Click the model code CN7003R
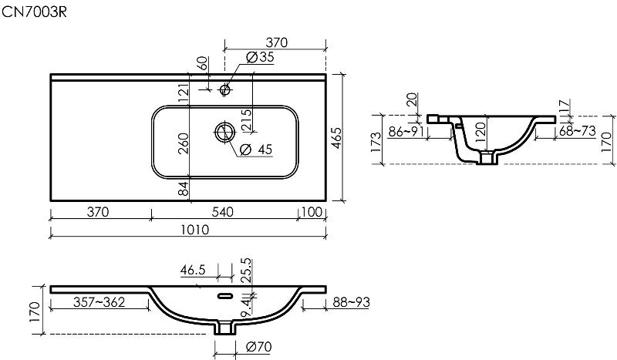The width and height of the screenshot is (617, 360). (34, 12)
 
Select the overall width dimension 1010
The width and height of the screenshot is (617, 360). (195, 230)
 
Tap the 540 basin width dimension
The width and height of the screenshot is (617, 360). (223, 212)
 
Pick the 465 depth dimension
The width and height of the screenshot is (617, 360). (337, 138)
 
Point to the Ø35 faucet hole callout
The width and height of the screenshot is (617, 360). (260, 57)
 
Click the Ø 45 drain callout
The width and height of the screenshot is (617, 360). (256, 150)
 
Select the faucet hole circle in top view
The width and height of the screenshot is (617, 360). (225, 90)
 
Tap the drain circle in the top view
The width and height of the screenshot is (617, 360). (225, 132)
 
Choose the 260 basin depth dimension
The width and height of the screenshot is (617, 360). (184, 143)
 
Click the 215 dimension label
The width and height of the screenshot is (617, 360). (246, 120)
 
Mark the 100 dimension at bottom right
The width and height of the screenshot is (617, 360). (312, 212)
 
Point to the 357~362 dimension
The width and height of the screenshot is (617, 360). (99, 302)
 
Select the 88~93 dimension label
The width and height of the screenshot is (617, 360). (352, 302)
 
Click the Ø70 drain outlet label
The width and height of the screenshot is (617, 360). (258, 347)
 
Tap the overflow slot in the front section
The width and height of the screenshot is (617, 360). (225, 295)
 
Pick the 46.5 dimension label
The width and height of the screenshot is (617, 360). (193, 271)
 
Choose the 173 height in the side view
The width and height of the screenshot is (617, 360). (376, 143)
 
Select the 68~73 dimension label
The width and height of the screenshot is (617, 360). (577, 131)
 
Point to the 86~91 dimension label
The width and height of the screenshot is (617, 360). (406, 131)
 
